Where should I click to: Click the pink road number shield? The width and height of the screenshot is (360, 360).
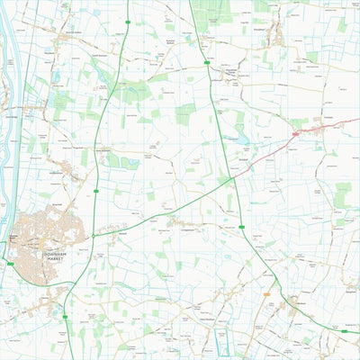(x=295, y=134)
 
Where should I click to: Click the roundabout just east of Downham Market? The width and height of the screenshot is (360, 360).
(x=93, y=235)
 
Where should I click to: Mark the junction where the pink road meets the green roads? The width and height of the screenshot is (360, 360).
(x=232, y=177)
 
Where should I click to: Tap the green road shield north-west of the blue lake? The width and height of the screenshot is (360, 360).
(x=208, y=63)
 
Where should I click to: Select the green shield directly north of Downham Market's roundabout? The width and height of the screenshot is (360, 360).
(x=94, y=190)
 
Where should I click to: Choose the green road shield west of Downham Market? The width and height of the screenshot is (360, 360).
(x=10, y=263)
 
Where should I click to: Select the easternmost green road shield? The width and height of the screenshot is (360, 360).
(x=343, y=331)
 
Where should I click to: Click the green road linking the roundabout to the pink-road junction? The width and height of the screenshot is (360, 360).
(x=162, y=209)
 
